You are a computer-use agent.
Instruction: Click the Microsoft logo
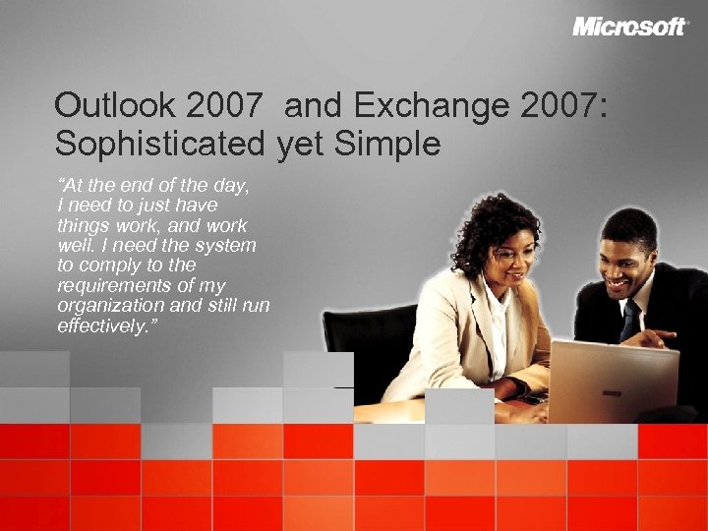click(x=629, y=27)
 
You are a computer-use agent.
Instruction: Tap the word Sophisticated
click(x=159, y=145)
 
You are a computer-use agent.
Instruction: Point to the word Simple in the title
click(x=387, y=145)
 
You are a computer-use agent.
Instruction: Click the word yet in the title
click(x=301, y=145)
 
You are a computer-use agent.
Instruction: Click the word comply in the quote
click(x=109, y=265)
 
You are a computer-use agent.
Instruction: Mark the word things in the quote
click(x=83, y=225)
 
